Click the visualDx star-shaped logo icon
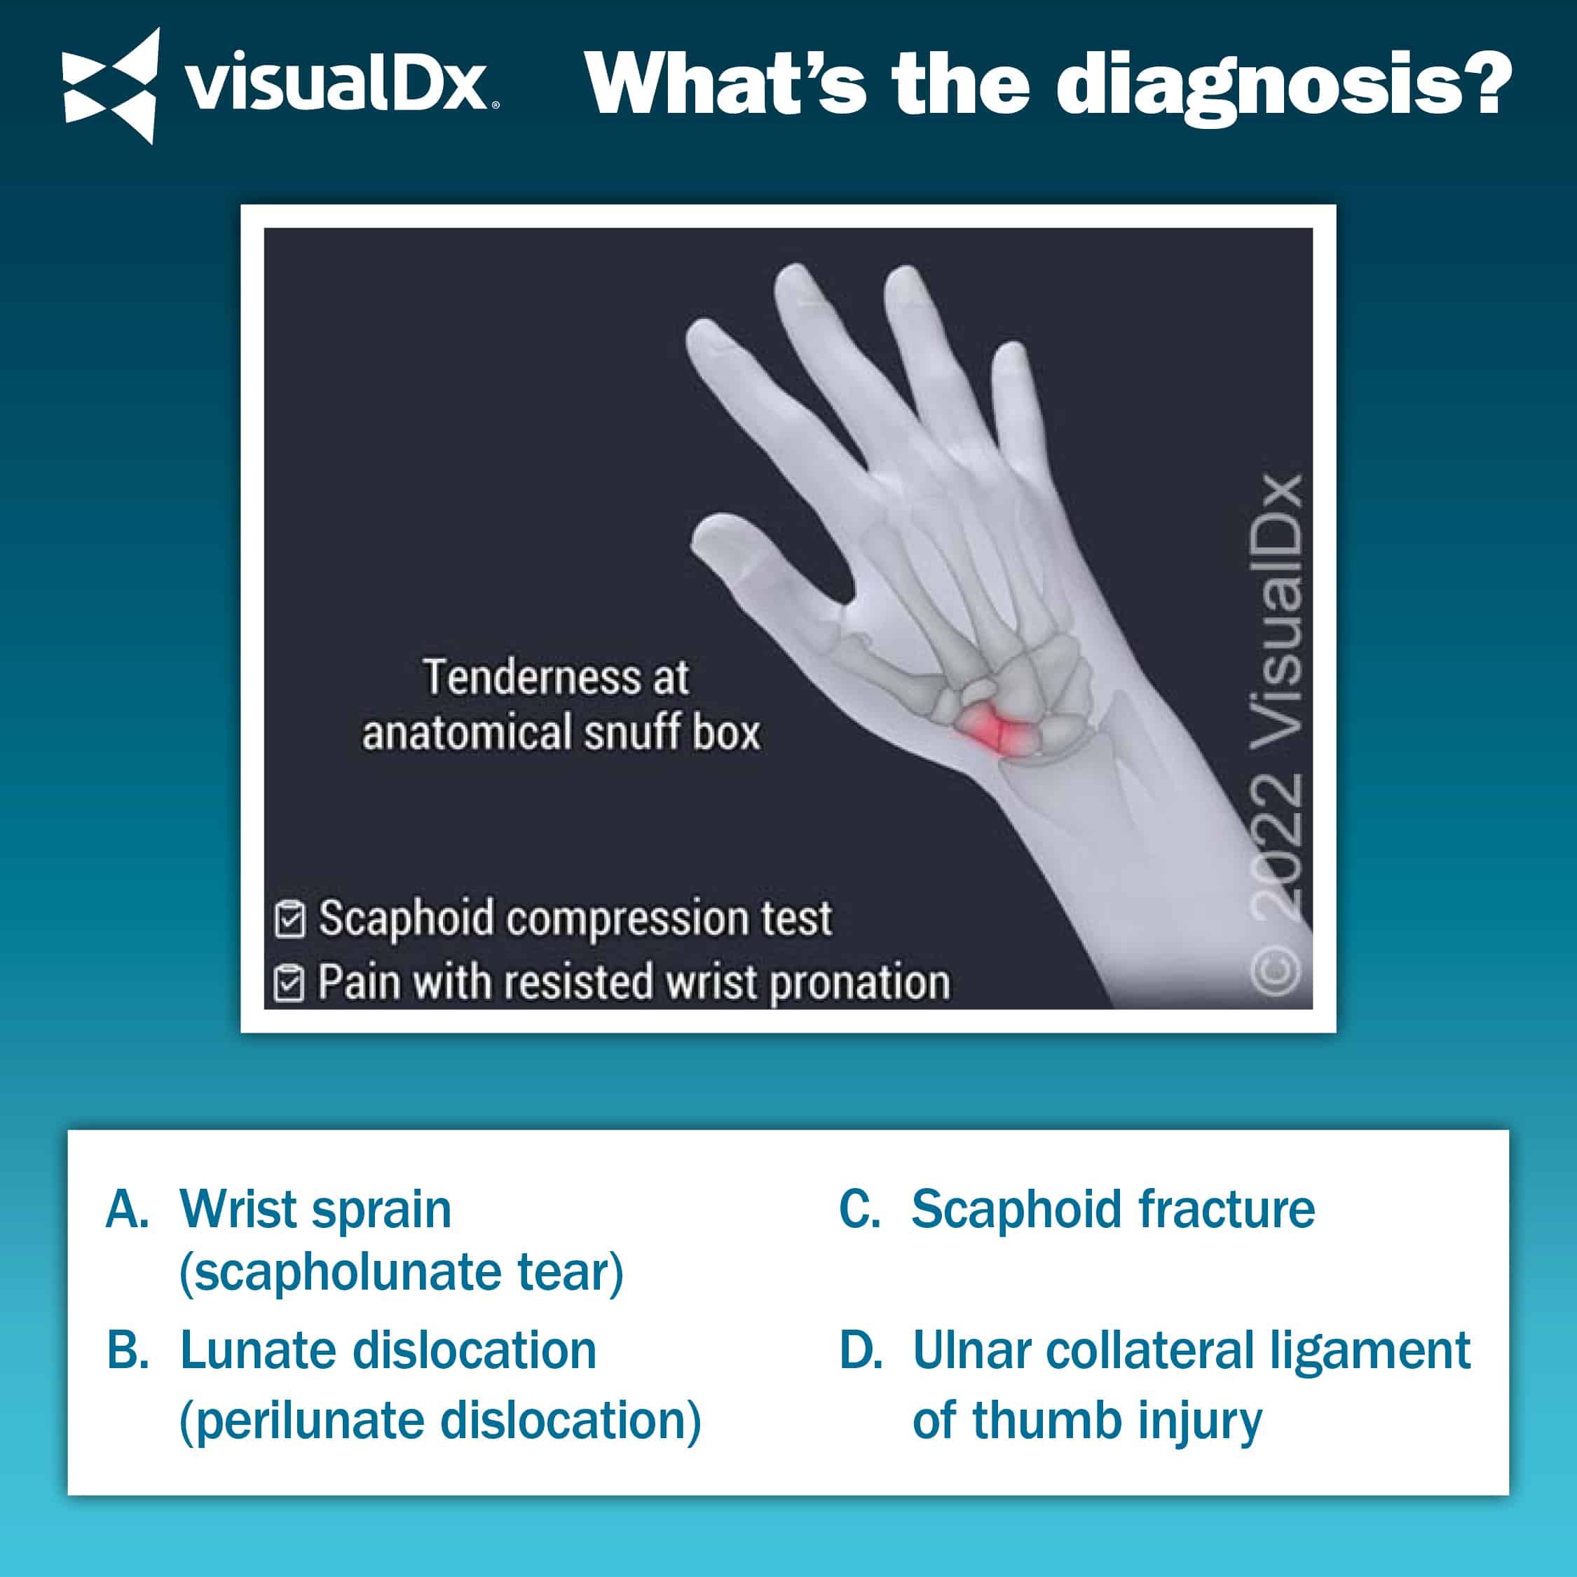(110, 85)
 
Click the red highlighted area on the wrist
(991, 729)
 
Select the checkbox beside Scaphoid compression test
(289, 919)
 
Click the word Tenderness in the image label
(531, 678)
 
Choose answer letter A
(128, 1209)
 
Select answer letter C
(859, 1209)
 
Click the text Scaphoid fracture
(1114, 1209)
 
